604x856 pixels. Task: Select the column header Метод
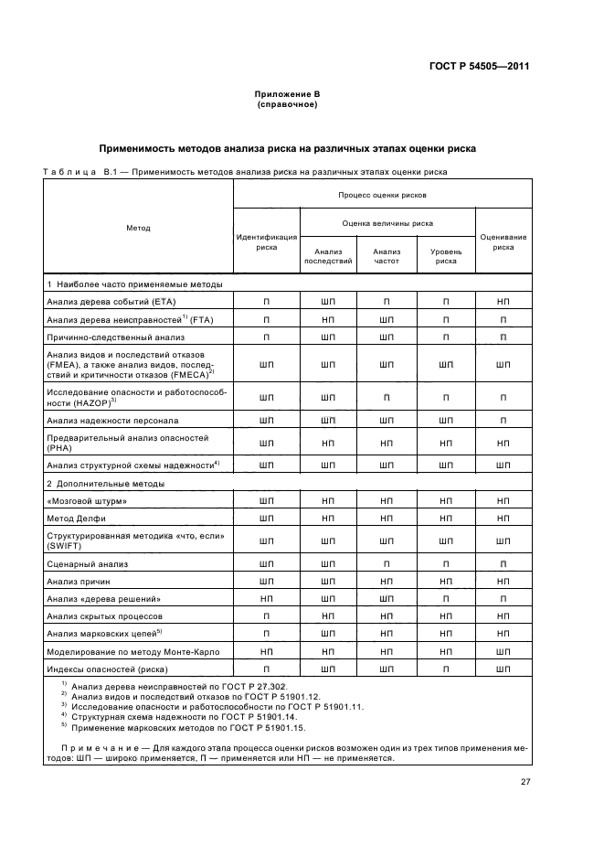click(x=138, y=228)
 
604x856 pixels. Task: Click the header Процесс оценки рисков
click(x=383, y=195)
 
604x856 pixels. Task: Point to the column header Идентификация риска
click(x=267, y=241)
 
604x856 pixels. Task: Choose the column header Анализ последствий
click(x=327, y=256)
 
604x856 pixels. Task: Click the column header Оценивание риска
click(x=503, y=241)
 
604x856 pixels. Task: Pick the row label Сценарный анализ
click(x=88, y=564)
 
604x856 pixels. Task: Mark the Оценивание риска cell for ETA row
click(x=503, y=301)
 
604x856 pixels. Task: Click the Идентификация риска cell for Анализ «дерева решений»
click(x=267, y=598)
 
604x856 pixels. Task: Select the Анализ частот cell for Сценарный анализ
click(x=387, y=564)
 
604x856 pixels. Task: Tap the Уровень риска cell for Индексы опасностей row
click(x=446, y=669)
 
